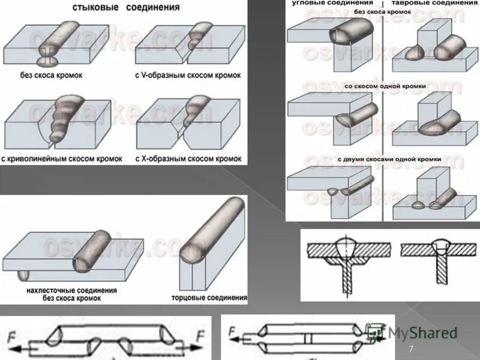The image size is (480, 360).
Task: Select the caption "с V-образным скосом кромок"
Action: pyautogui.click(x=187, y=76)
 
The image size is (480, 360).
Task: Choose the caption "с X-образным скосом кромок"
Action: pyautogui.click(x=189, y=159)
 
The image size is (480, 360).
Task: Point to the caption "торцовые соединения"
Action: pyautogui.click(x=209, y=298)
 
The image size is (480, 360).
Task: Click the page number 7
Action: pyautogui.click(x=411, y=350)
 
